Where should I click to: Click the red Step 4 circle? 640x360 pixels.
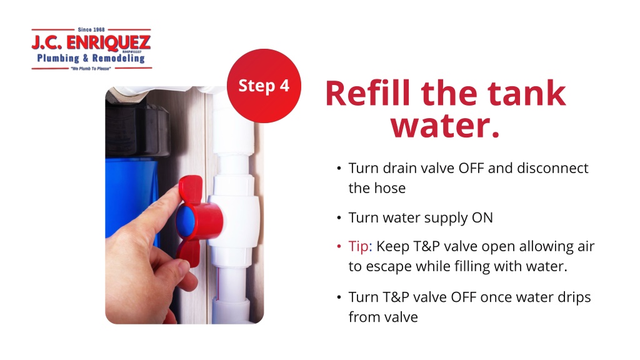(264, 86)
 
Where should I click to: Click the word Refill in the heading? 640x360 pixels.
(367, 93)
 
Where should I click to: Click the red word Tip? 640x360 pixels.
(358, 247)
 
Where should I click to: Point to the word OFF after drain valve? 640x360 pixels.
(471, 168)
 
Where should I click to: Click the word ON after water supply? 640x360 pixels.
(482, 217)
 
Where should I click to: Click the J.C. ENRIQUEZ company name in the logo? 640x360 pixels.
(91, 42)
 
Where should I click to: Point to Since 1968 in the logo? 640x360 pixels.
(91, 29)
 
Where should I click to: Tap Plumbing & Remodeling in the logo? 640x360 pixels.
(91, 58)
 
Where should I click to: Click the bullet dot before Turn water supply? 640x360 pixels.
(339, 218)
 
